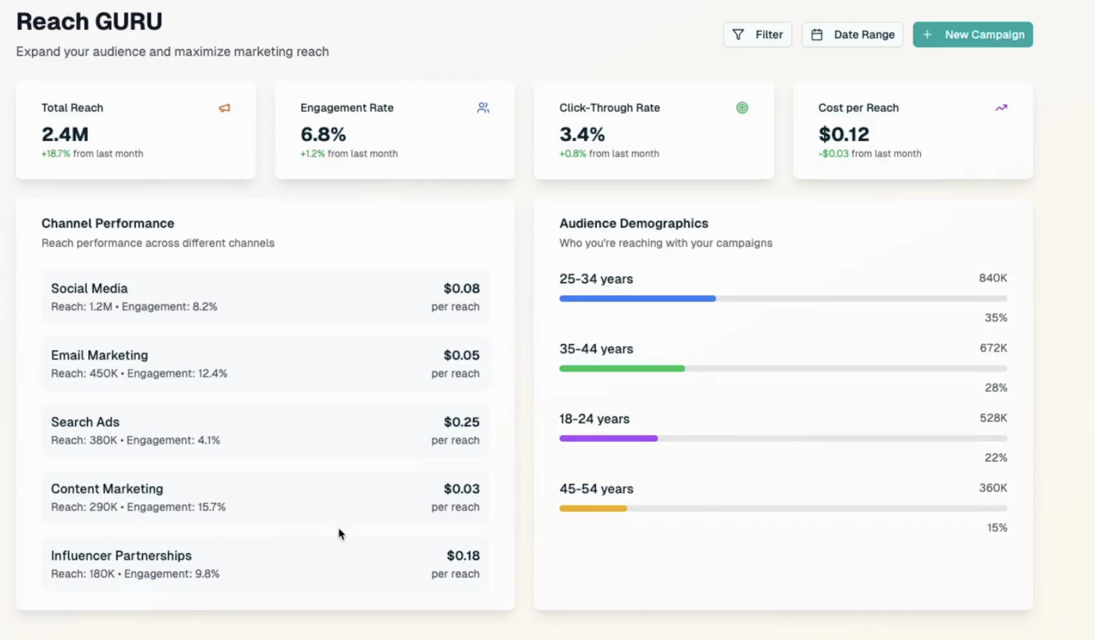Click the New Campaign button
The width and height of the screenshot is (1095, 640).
973,35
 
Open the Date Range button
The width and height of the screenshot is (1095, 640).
852,35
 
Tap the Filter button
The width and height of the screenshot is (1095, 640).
757,35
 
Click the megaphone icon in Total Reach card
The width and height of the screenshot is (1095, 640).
225,108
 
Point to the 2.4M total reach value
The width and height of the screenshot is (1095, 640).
65,134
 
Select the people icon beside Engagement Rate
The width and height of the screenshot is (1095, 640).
483,108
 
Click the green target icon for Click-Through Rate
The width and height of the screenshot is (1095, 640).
742,108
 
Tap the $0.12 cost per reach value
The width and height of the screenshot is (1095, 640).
843,134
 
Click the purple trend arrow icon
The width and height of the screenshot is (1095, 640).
1001,108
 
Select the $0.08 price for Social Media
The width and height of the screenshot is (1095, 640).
462,288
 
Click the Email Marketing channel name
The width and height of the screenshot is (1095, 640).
99,355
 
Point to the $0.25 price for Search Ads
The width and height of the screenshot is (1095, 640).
462,422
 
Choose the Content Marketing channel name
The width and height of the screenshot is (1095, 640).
107,489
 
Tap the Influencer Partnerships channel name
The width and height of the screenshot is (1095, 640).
121,556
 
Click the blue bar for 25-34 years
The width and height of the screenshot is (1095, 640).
637,299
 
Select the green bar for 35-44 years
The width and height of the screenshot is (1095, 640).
622,369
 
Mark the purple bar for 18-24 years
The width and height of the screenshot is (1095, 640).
608,439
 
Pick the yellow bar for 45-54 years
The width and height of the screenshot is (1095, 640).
593,509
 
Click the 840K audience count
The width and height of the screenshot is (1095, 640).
993,278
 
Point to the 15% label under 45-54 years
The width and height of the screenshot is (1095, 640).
997,528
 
